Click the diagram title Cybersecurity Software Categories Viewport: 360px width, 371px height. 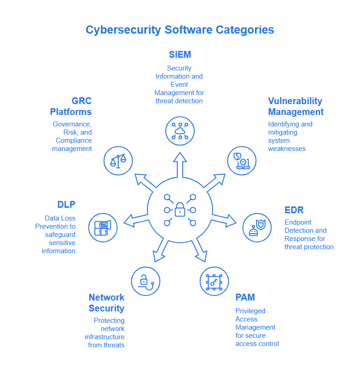tap(180, 30)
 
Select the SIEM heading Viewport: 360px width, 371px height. tap(180, 55)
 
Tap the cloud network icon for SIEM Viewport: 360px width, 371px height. tap(180, 131)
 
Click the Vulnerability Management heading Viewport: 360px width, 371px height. tap(295, 106)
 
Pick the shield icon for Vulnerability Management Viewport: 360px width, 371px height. tap(241, 160)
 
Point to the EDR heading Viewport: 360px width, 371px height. tap(294, 210)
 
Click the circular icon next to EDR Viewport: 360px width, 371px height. tap(257, 227)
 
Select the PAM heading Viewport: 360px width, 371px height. tap(245, 297)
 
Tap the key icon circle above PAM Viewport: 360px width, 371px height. tap(214, 281)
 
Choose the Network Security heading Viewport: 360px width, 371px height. tap(107, 303)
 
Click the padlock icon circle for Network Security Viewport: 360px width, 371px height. tap(145, 281)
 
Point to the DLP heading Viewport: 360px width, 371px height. tap(66, 205)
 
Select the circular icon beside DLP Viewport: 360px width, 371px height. tap(103, 227)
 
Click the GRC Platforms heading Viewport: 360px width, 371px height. tap(71, 106)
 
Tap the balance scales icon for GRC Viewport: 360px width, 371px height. tap(118, 160)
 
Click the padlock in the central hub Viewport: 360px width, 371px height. tap(180, 210)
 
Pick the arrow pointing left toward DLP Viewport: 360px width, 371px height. tap(135, 220)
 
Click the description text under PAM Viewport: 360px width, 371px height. tap(257, 327)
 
